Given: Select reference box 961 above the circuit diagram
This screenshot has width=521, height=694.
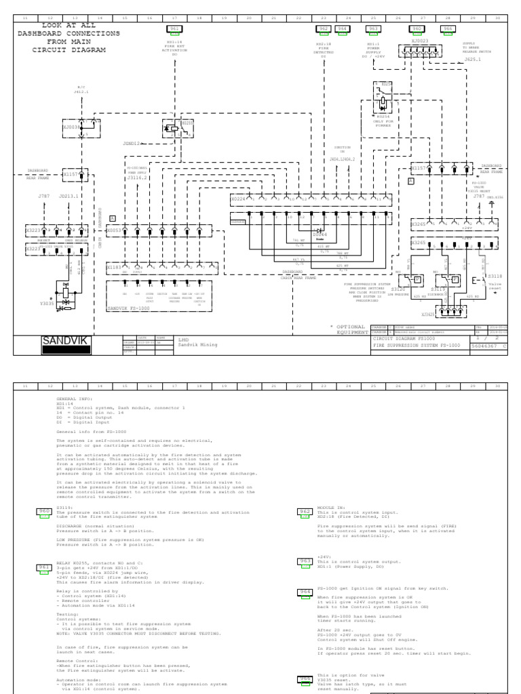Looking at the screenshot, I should tap(174, 28).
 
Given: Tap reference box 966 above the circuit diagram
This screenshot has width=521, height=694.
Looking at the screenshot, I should tap(448, 28).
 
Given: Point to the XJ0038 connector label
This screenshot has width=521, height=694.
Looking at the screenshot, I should tap(71, 126).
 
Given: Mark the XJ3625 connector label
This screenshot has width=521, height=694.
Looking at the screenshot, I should tap(428, 314).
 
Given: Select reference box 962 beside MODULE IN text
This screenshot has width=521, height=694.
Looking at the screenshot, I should tap(305, 511).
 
